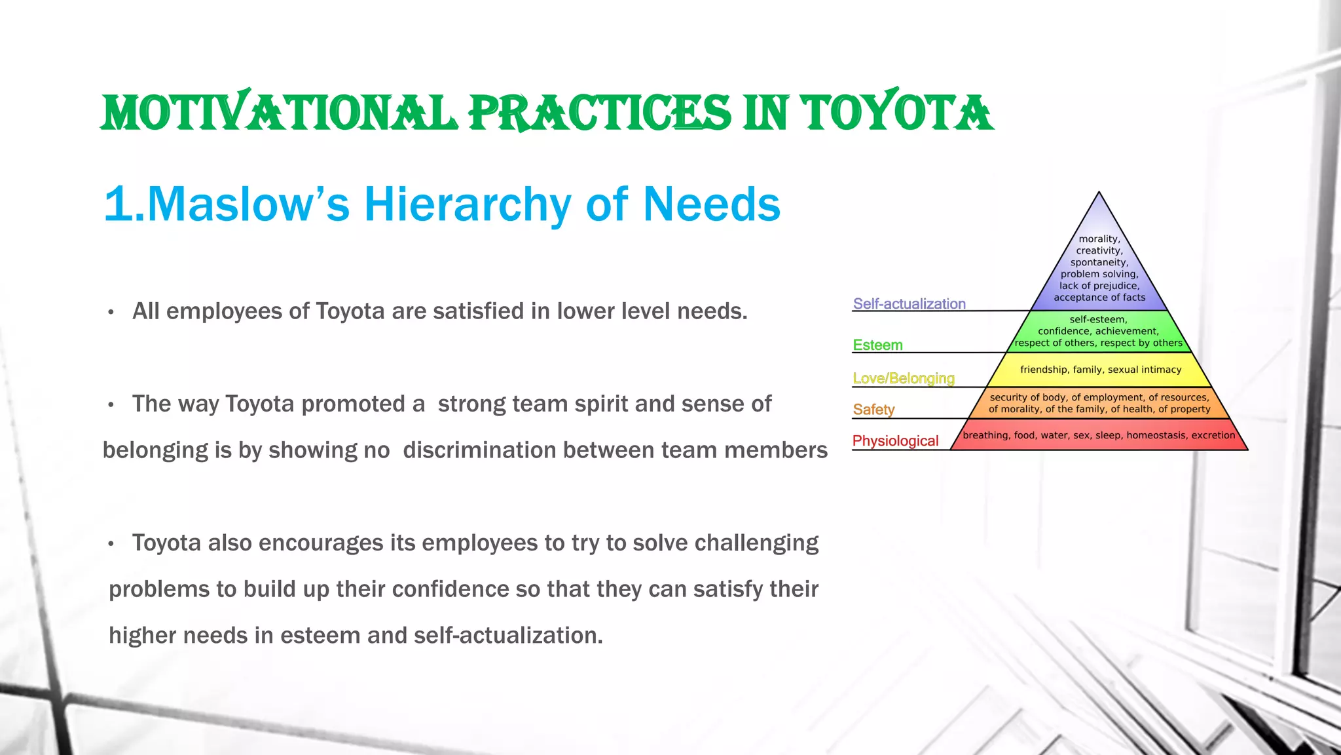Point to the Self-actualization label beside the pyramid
pos(909,304)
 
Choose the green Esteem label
pos(877,345)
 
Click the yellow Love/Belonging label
pos(904,378)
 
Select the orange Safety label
pos(873,410)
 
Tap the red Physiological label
pos(895,441)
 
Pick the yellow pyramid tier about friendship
pos(1100,370)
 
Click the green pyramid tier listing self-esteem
pos(1099,332)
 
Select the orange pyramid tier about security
pos(1099,403)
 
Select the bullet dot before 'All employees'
pos(111,313)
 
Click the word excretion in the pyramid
pos(1213,435)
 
